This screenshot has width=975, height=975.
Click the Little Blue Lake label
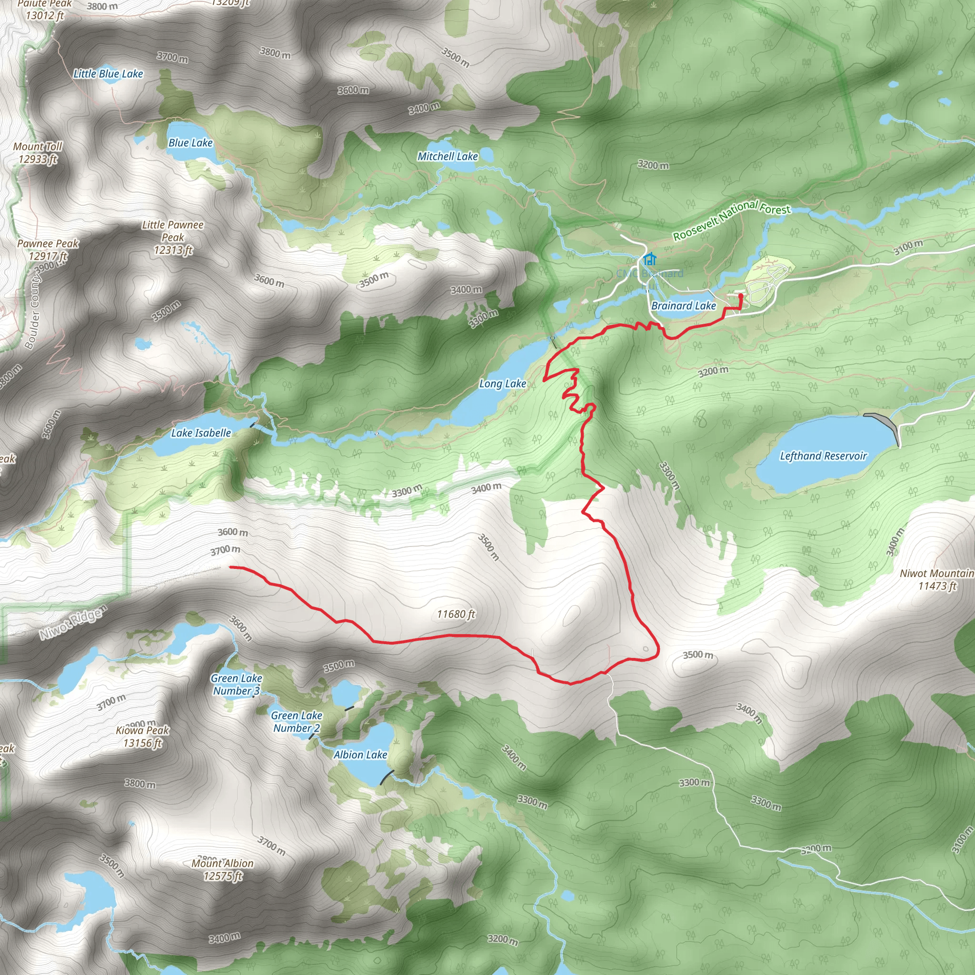(x=108, y=74)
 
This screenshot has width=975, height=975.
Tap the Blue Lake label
(x=190, y=143)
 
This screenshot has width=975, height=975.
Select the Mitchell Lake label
(x=447, y=157)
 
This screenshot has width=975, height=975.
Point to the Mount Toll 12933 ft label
(x=38, y=153)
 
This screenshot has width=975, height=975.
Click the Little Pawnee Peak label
(x=173, y=237)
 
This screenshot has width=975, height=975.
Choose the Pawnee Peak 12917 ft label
(x=48, y=250)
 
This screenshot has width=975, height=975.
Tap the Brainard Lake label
(x=683, y=306)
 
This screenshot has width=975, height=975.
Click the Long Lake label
(x=502, y=384)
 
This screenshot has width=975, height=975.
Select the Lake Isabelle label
(x=201, y=433)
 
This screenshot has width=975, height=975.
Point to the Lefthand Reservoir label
(x=823, y=456)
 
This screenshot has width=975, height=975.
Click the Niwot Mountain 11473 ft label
(x=937, y=579)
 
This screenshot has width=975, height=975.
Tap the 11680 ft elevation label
(x=456, y=614)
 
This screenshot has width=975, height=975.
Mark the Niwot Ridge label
(x=74, y=622)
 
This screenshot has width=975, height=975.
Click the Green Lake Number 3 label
(x=236, y=684)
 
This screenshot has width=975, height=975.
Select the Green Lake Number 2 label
(x=296, y=722)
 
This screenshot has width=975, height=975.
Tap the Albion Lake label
(x=360, y=755)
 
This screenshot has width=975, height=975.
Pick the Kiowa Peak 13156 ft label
(x=143, y=736)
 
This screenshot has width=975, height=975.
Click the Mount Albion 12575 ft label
(x=222, y=869)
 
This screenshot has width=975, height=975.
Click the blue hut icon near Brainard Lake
(x=650, y=259)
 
